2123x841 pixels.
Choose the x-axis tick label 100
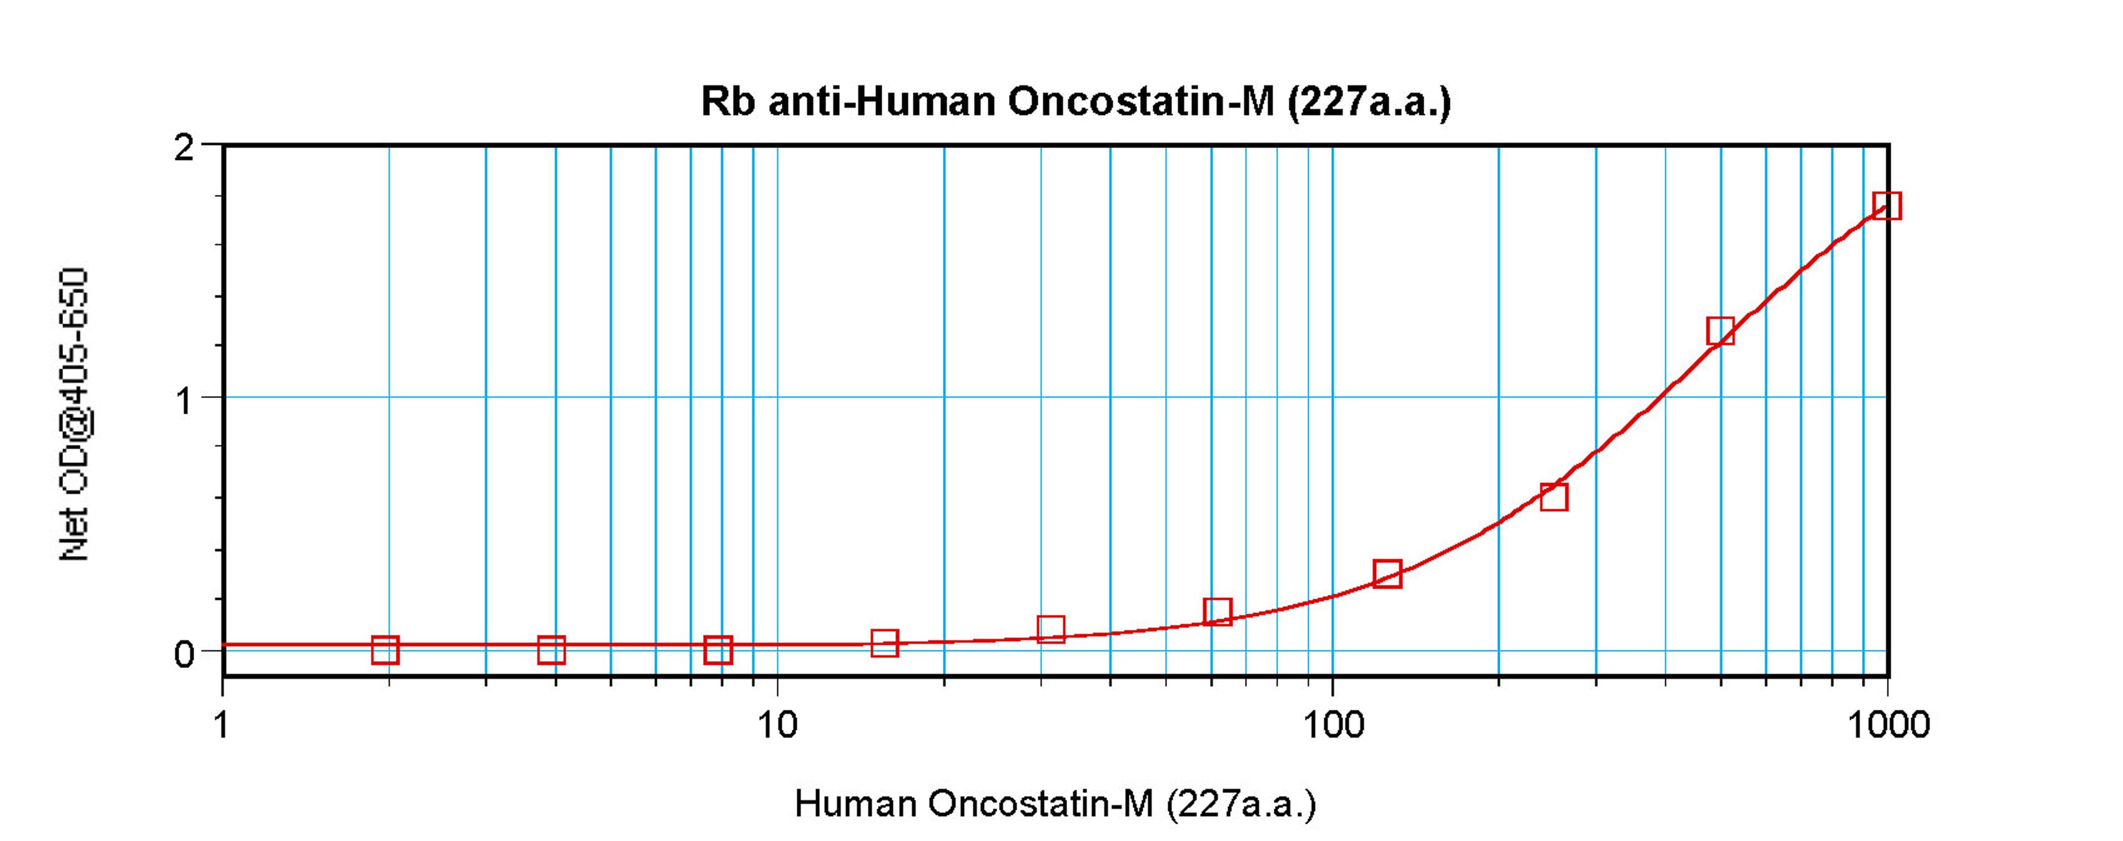[x=1332, y=725]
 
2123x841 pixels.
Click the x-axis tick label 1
[x=221, y=725]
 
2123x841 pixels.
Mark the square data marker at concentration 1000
[x=1886, y=205]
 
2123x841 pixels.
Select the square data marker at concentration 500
[x=1720, y=331]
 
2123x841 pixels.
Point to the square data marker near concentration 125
[x=1387, y=573]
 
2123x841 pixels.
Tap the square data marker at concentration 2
[x=385, y=650]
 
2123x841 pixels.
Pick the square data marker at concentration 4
[x=551, y=650]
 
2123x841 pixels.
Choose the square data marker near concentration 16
[x=885, y=642]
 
